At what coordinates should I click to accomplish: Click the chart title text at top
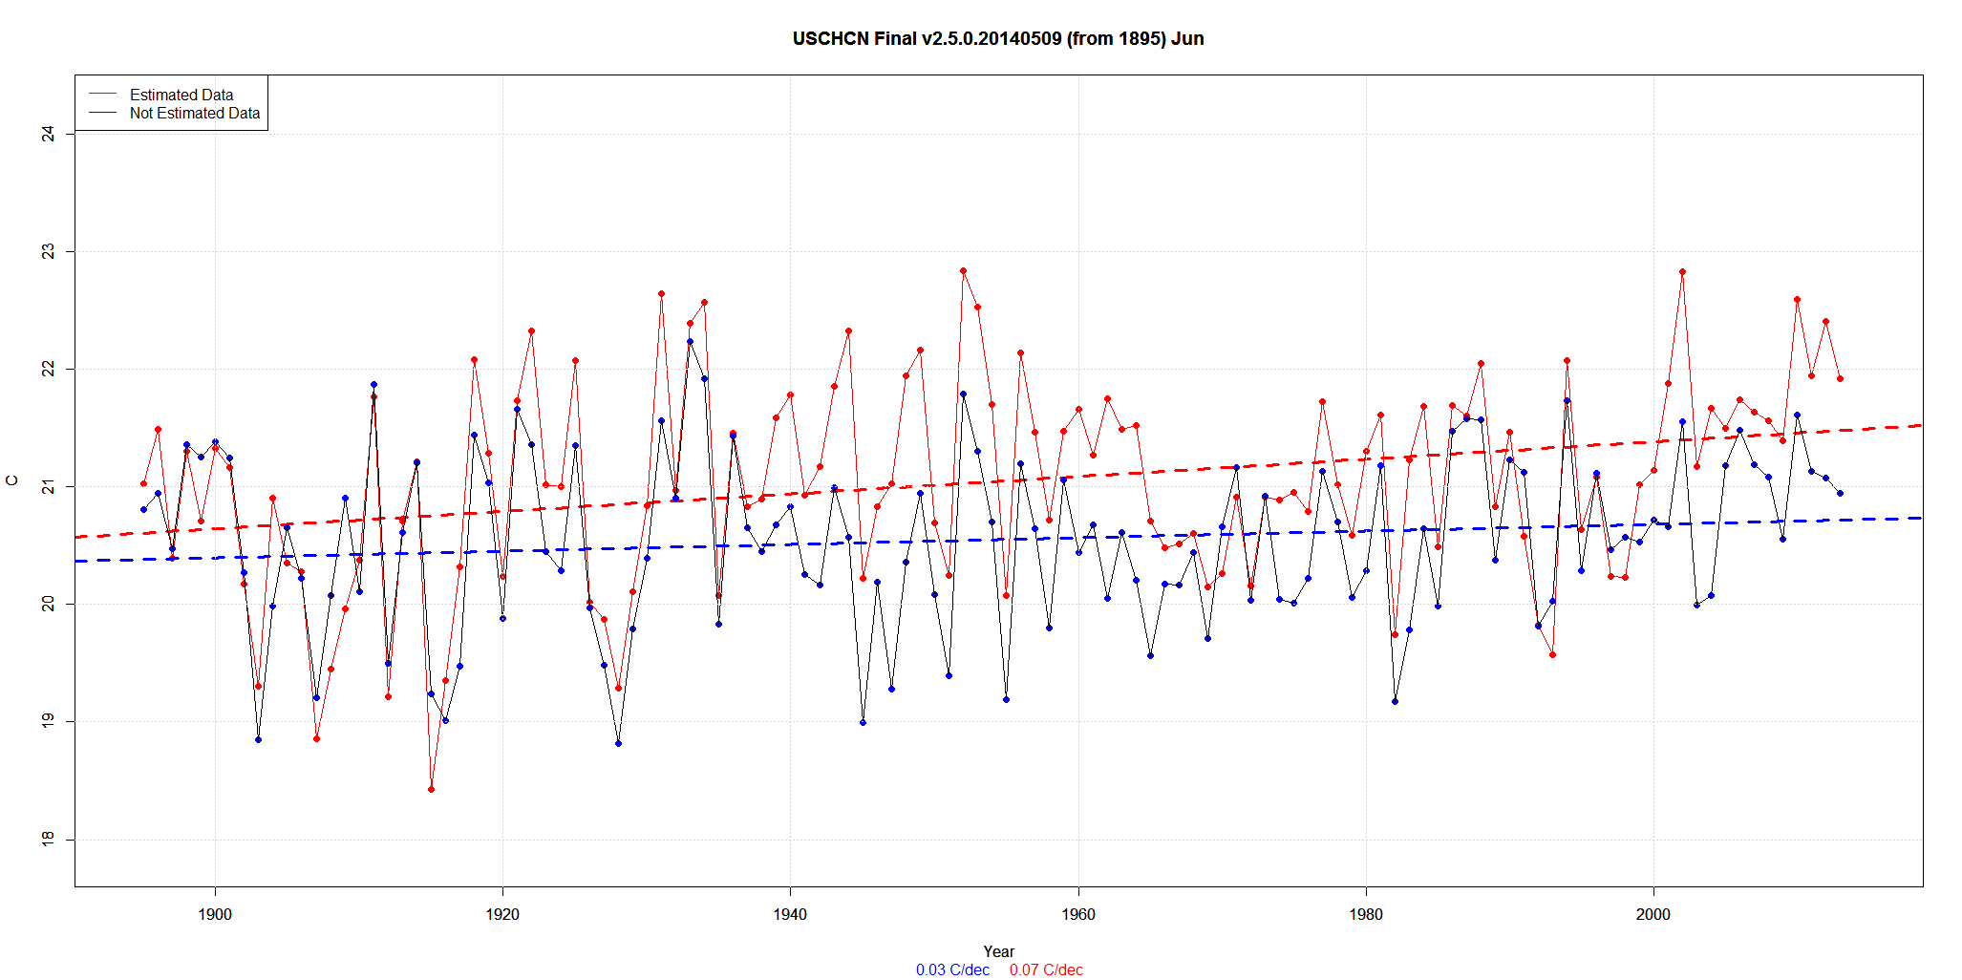(997, 39)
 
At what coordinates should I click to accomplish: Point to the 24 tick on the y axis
(48, 134)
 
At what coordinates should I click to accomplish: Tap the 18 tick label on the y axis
(48, 839)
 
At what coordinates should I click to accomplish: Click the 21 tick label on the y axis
(48, 486)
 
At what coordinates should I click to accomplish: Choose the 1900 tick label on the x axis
(215, 914)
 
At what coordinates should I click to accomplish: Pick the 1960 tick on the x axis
(1078, 914)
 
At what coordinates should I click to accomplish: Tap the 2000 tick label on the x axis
(1653, 914)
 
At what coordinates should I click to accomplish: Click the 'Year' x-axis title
(998, 951)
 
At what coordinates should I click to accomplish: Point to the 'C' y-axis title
(12, 480)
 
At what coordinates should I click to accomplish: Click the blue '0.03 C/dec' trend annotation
(952, 970)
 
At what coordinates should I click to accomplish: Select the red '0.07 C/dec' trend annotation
(1046, 970)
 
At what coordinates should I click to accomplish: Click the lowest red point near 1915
(431, 789)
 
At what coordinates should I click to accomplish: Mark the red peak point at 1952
(963, 270)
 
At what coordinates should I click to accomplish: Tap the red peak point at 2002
(1682, 271)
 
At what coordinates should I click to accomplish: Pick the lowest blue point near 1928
(618, 743)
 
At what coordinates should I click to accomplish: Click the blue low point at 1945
(863, 722)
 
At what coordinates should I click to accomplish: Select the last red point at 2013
(1840, 378)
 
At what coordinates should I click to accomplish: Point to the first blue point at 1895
(143, 509)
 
